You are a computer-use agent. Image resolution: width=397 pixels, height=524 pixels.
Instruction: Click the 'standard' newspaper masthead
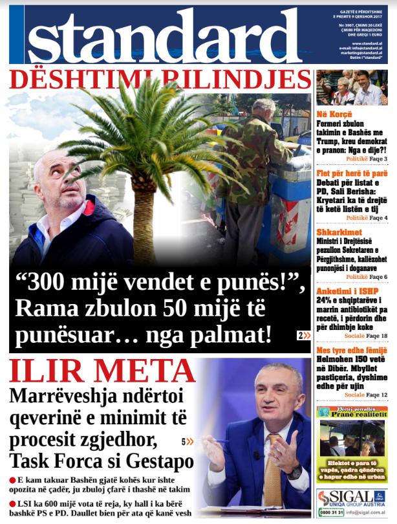coord(162,38)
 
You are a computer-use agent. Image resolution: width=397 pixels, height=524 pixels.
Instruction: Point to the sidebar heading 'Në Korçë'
coord(334,115)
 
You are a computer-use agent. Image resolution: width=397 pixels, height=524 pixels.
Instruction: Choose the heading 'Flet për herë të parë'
coord(352,174)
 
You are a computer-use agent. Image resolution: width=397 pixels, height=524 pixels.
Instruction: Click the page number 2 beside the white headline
coord(301,335)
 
